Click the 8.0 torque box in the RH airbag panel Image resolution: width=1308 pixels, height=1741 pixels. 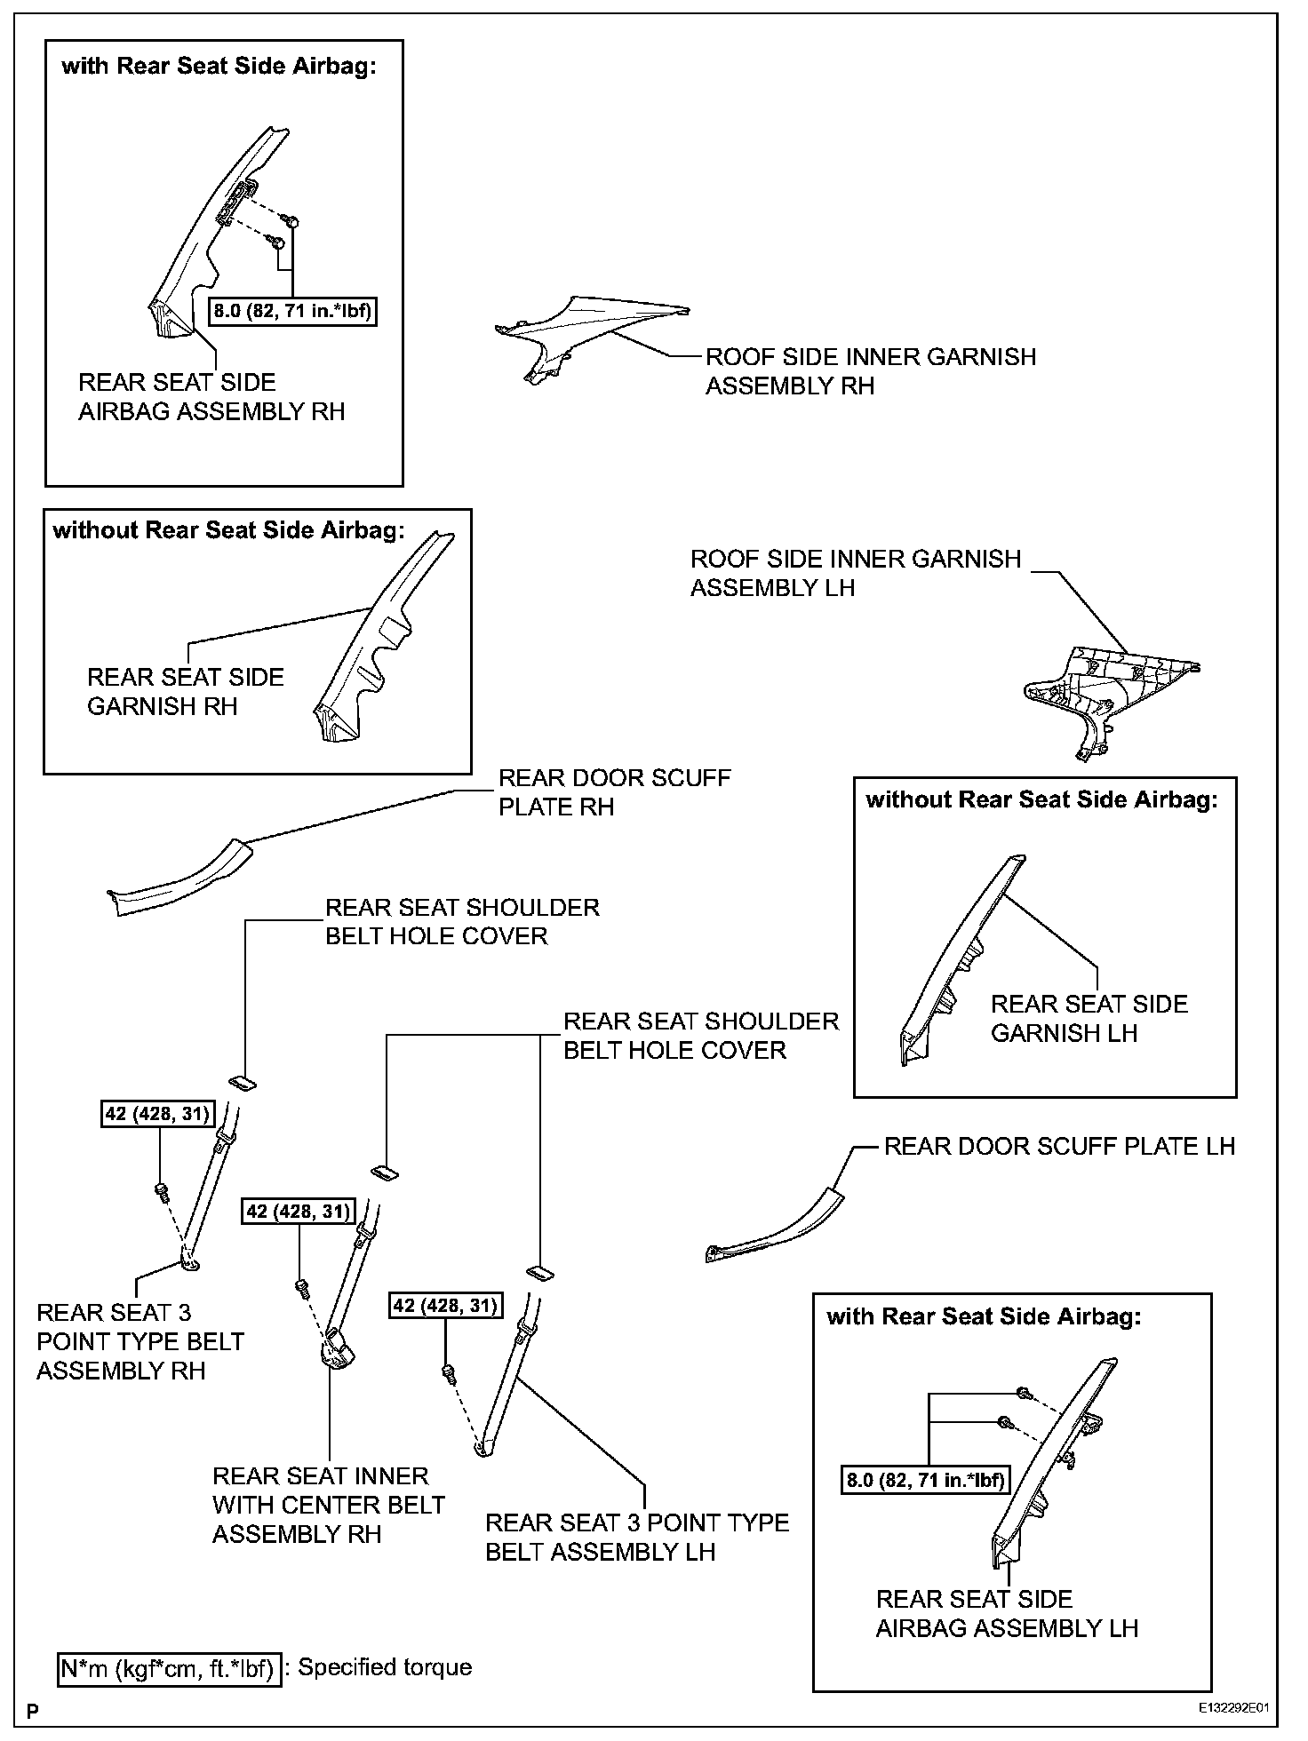(x=292, y=311)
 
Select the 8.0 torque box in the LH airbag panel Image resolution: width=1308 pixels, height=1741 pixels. (x=926, y=1480)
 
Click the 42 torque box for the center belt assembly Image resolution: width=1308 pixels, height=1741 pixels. (x=299, y=1212)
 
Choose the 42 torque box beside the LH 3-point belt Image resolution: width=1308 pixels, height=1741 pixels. (x=445, y=1305)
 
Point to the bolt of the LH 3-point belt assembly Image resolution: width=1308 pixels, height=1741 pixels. (x=449, y=1372)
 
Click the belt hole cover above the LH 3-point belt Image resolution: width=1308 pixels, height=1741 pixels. (x=539, y=1273)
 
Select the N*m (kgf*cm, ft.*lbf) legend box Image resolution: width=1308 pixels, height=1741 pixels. (x=169, y=1669)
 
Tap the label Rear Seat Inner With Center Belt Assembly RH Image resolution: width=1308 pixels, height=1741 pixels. (x=328, y=1505)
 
